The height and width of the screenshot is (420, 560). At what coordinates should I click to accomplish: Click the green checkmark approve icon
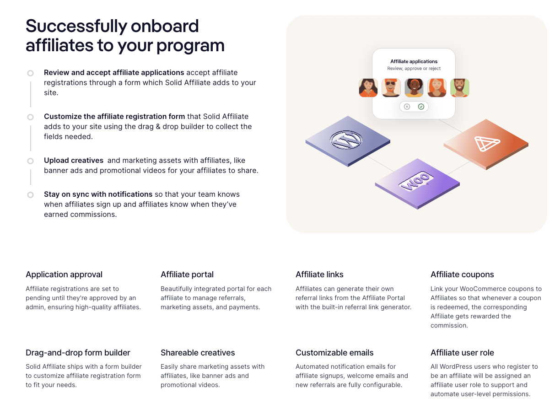(x=421, y=107)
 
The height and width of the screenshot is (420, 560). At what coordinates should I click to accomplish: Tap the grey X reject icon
(x=407, y=107)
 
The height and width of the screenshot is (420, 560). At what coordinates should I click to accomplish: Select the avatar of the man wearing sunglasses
(x=391, y=88)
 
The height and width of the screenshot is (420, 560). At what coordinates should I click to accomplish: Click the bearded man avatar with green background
(x=459, y=88)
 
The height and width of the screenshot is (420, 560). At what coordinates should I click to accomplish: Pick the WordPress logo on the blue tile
(x=346, y=140)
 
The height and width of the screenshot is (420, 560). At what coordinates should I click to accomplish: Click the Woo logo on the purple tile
(x=416, y=182)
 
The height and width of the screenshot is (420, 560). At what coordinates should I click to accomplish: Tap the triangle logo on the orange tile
(x=487, y=144)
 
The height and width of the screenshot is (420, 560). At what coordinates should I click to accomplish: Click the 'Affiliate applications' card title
(x=414, y=61)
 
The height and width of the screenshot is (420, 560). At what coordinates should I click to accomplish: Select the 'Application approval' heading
(x=64, y=275)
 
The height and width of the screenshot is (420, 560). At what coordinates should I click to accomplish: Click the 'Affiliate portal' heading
(x=187, y=275)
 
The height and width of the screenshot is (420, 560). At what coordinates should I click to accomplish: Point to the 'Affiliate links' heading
(x=319, y=275)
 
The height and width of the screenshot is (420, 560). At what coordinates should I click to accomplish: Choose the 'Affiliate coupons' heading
(x=462, y=275)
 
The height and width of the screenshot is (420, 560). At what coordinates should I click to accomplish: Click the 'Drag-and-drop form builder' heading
(x=78, y=353)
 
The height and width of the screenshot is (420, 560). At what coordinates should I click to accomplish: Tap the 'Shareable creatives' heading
(x=198, y=353)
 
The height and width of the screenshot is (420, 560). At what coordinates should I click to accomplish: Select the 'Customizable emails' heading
(x=334, y=353)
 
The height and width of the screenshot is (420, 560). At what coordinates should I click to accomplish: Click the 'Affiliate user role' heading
(x=462, y=353)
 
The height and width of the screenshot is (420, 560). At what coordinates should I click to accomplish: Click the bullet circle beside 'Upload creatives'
(x=30, y=161)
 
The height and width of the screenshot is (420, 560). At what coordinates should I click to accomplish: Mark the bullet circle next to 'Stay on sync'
(x=30, y=195)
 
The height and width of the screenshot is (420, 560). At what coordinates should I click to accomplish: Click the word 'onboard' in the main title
(x=165, y=26)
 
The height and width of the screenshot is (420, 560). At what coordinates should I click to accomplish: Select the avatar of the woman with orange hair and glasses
(x=436, y=88)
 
